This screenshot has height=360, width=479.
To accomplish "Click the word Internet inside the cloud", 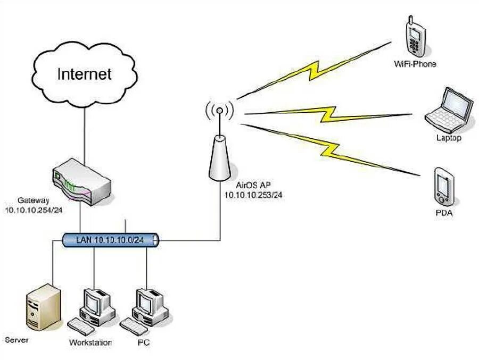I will click(x=85, y=73).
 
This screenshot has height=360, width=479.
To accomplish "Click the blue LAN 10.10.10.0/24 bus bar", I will click(x=111, y=240).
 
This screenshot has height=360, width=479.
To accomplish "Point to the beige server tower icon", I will click(x=43, y=308).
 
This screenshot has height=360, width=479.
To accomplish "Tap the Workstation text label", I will click(x=90, y=342).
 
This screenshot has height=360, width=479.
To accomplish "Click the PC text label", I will click(x=143, y=342).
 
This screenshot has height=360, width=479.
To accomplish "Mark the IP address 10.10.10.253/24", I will click(x=253, y=195).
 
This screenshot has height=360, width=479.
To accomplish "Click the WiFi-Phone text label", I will click(x=415, y=64).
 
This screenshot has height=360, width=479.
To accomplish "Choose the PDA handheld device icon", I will click(x=443, y=187).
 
